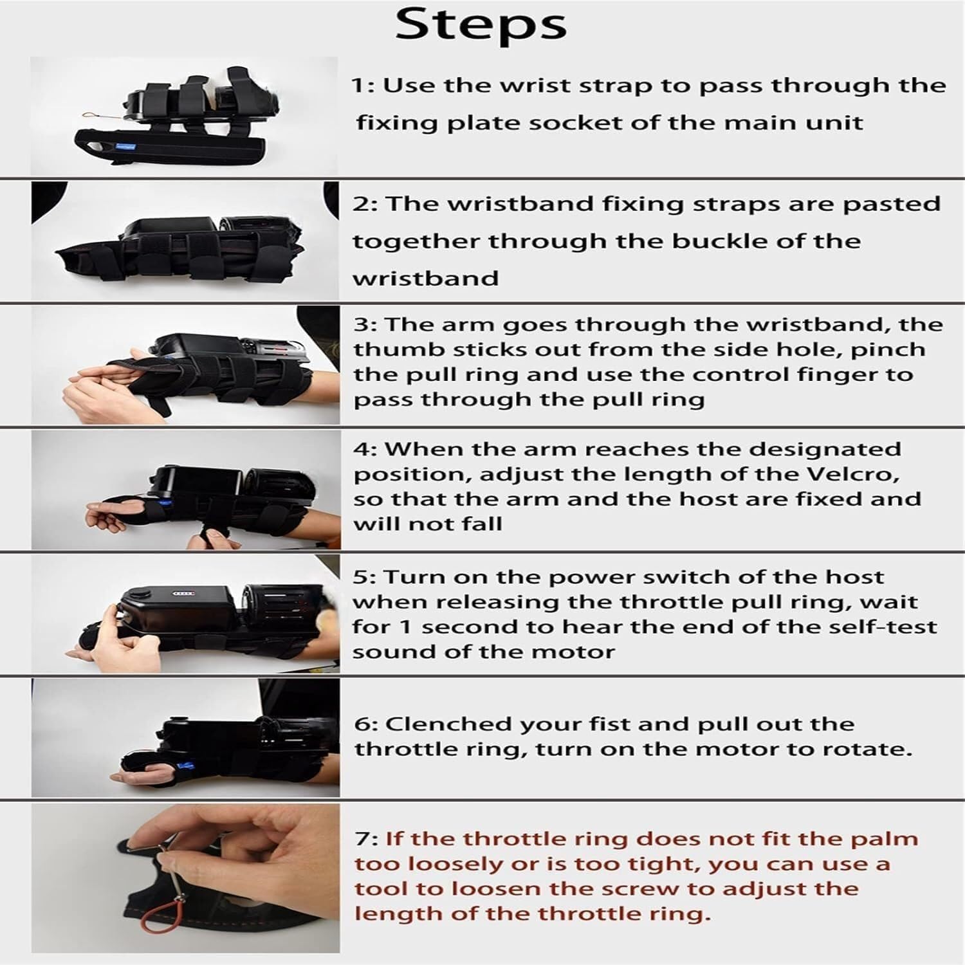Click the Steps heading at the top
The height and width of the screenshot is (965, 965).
point(481,25)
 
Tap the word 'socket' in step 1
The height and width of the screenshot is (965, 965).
point(582,122)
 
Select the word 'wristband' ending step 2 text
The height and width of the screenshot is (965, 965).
point(426,279)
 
